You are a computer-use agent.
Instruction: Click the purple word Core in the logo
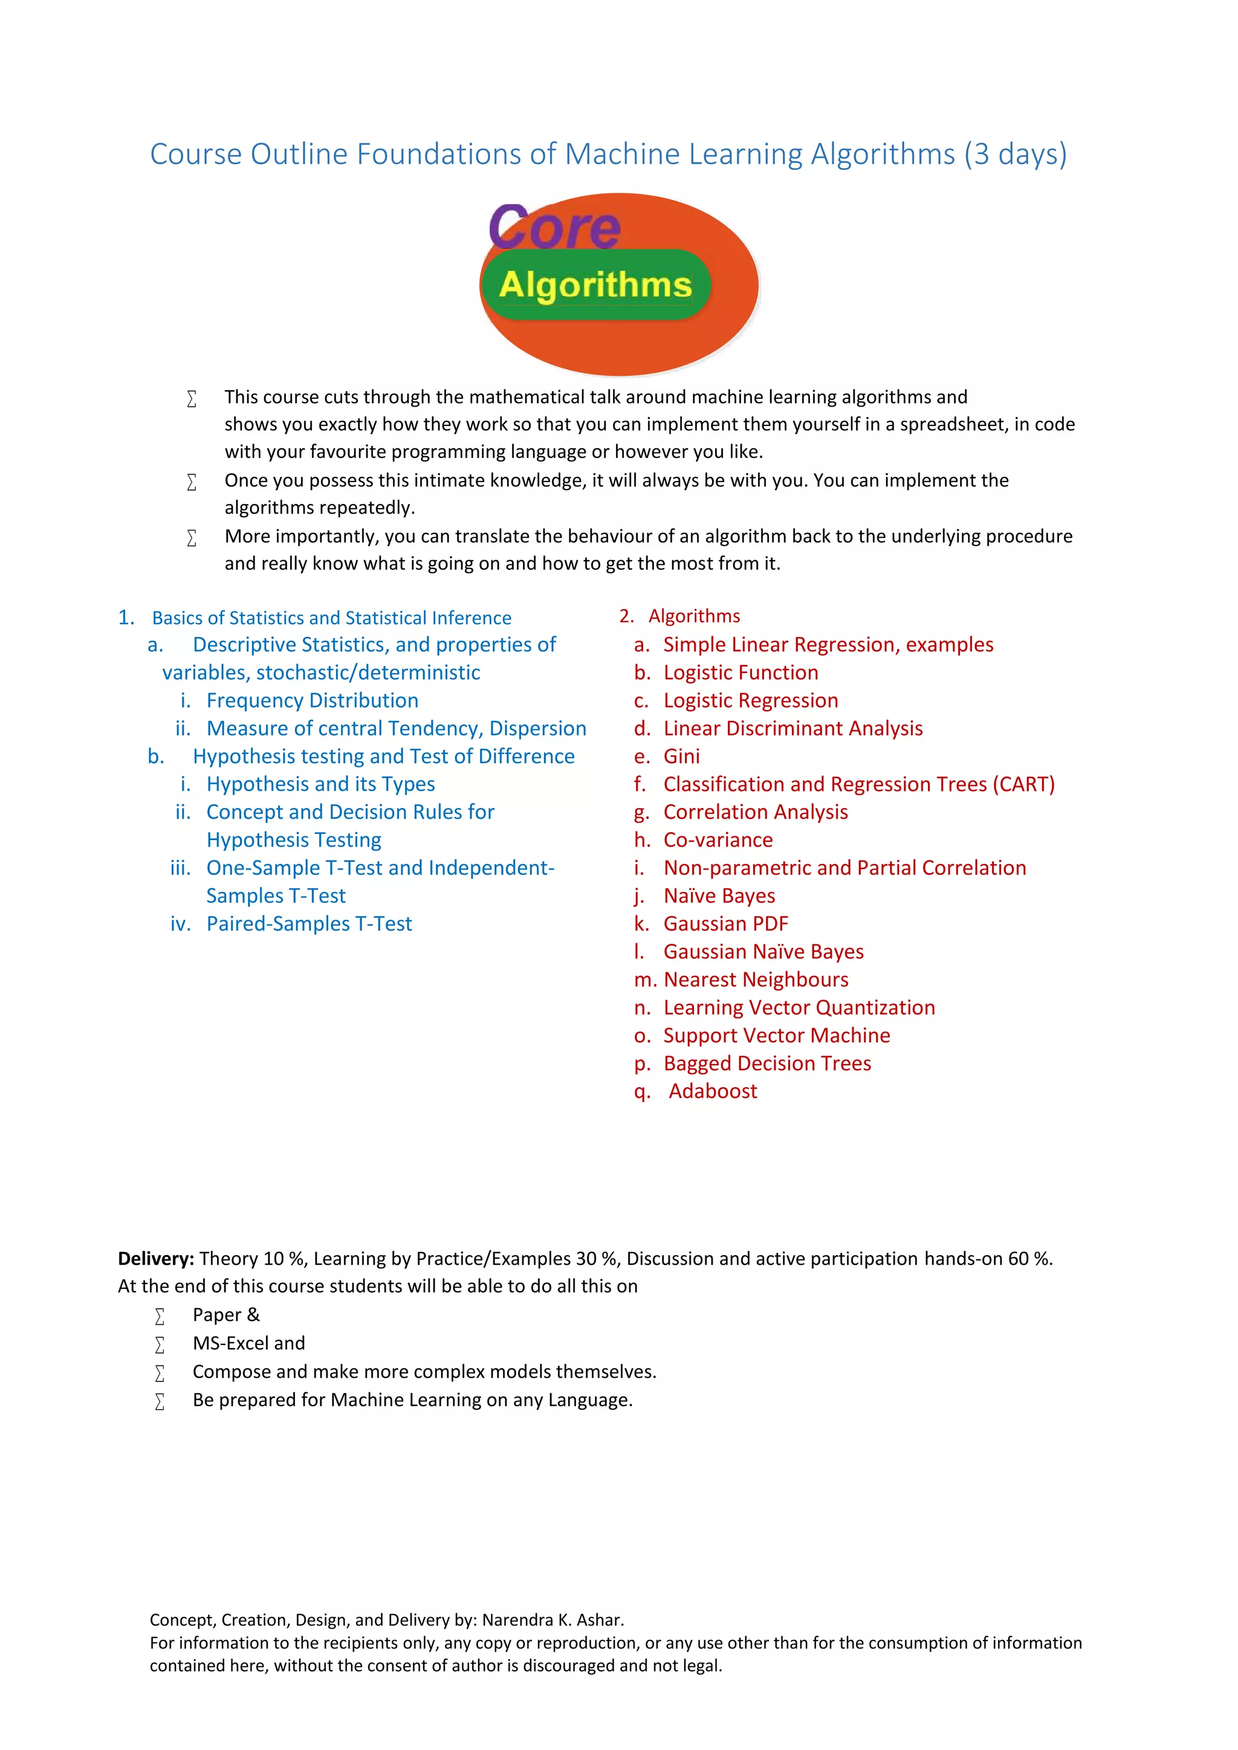pyautogui.click(x=554, y=227)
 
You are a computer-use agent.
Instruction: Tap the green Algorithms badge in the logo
pyautogui.click(x=595, y=284)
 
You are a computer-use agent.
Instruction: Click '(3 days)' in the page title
pyautogui.click(x=1016, y=154)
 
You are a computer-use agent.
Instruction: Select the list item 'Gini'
pyautogui.click(x=681, y=756)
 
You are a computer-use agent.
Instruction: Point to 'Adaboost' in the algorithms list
pyautogui.click(x=713, y=1091)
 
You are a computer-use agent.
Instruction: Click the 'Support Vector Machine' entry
pyautogui.click(x=776, y=1035)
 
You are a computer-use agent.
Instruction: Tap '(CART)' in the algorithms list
pyautogui.click(x=1023, y=784)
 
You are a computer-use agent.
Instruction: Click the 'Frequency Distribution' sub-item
pyautogui.click(x=312, y=700)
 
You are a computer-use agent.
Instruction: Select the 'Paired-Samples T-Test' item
pyautogui.click(x=309, y=924)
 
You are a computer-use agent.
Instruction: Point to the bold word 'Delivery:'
pyautogui.click(x=155, y=1258)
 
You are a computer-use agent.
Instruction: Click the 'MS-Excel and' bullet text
pyautogui.click(x=248, y=1343)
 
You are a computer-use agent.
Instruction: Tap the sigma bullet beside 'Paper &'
pyautogui.click(x=160, y=1316)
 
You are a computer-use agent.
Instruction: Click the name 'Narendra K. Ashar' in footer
pyautogui.click(x=552, y=1619)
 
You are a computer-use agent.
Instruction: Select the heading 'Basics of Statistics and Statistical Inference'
pyautogui.click(x=332, y=618)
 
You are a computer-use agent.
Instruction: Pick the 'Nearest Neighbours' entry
pyautogui.click(x=756, y=980)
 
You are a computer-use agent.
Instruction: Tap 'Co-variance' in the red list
pyautogui.click(x=718, y=840)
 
